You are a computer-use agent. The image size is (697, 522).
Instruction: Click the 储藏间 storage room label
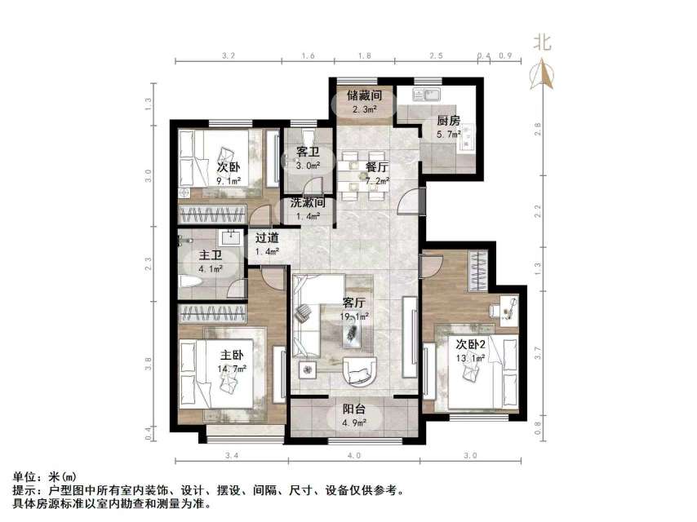(364, 95)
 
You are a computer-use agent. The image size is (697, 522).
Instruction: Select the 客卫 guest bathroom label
(308, 152)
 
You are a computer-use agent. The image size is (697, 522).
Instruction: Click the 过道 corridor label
(267, 238)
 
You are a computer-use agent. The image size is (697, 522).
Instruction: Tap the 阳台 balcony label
(353, 410)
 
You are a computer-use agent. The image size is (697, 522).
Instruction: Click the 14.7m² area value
(233, 369)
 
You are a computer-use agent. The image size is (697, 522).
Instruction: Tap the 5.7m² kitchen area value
(449, 134)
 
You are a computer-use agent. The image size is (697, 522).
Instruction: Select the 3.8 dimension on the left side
(149, 365)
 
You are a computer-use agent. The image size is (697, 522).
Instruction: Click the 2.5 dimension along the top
(436, 55)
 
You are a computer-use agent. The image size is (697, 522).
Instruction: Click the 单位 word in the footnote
(26, 476)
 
